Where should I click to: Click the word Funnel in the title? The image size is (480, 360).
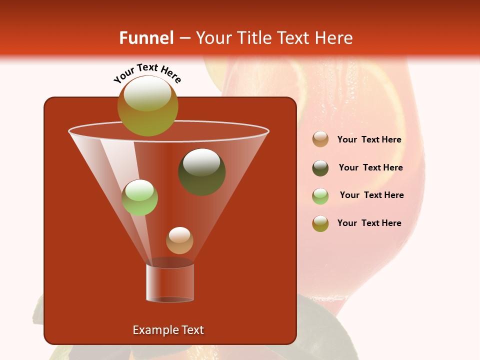coord(146,38)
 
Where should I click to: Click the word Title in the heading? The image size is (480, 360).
coord(253,38)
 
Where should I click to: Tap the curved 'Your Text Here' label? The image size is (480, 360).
coord(147,73)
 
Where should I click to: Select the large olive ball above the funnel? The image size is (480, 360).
coord(148,105)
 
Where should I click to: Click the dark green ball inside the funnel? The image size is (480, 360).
coord(202,171)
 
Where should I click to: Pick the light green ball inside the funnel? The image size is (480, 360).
coord(140,197)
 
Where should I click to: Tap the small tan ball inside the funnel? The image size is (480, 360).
coord(179,240)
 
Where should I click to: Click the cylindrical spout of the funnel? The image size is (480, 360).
coord(170,282)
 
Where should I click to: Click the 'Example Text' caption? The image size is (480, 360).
coord(168,330)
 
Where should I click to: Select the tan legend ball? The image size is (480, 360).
coord(320,139)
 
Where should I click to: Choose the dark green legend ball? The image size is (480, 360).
coord(320,168)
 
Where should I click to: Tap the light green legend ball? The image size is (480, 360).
coord(320,196)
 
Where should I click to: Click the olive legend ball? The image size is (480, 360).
coord(320,223)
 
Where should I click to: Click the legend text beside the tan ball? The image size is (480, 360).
coord(369,140)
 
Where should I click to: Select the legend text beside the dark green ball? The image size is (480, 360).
coord(370,168)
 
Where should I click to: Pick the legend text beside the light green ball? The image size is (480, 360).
coord(371,195)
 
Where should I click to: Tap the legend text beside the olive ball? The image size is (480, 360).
coord(369,223)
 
